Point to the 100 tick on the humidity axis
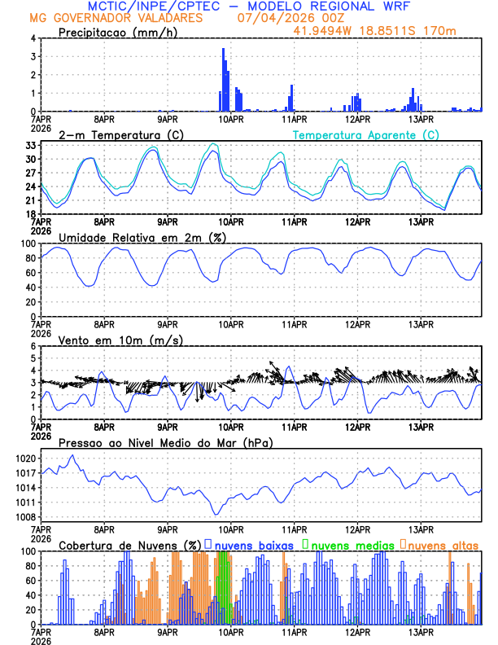26,244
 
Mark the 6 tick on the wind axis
32,346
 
